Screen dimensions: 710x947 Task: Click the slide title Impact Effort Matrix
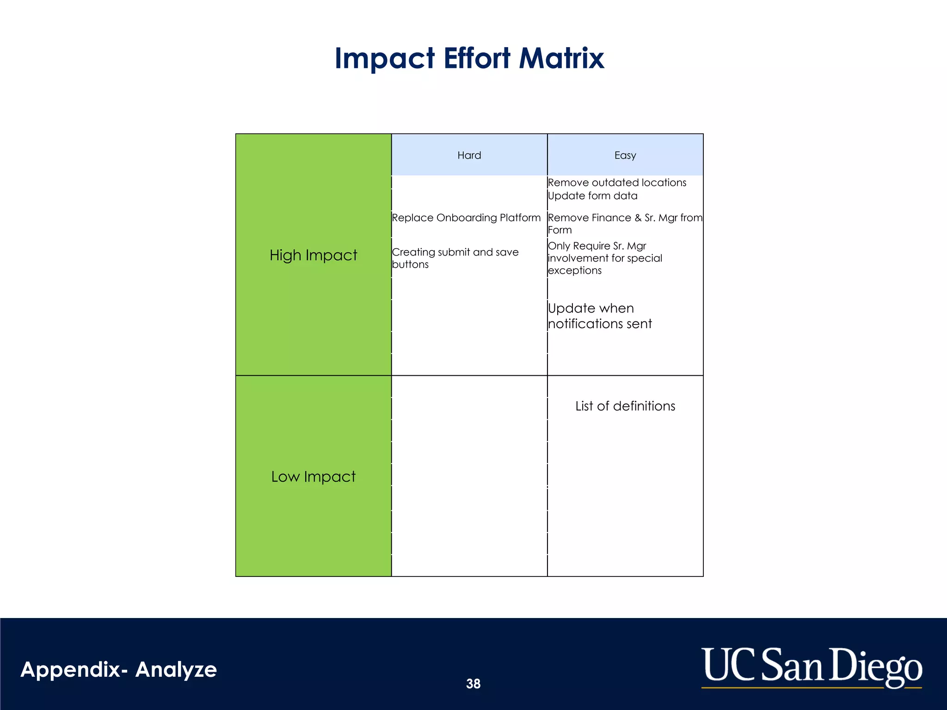click(469, 58)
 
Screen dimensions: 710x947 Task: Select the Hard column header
click(469, 155)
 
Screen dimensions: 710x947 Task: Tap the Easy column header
click(625, 155)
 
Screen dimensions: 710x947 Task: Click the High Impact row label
click(313, 255)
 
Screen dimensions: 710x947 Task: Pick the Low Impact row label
click(313, 477)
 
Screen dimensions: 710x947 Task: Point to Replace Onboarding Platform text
click(466, 218)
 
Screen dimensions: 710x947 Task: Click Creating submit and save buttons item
click(455, 258)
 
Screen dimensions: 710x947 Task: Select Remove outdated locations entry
click(617, 183)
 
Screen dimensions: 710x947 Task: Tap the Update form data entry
click(592, 196)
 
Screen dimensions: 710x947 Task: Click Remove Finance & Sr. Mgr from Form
click(625, 224)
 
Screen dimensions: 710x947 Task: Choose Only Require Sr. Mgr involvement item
click(605, 258)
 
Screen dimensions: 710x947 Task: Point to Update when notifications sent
click(600, 316)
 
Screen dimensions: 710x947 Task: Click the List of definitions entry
click(625, 406)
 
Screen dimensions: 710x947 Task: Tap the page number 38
click(473, 684)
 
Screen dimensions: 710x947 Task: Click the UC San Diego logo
click(812, 667)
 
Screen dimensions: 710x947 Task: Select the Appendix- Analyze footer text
click(119, 669)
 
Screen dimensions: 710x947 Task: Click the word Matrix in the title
click(561, 58)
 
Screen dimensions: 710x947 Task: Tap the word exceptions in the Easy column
click(575, 270)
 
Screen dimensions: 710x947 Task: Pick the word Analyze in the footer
click(176, 669)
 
